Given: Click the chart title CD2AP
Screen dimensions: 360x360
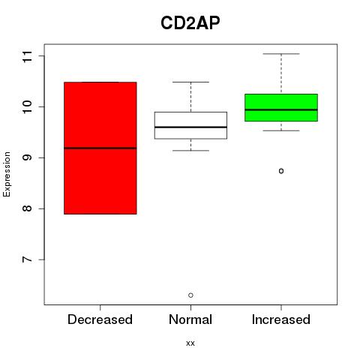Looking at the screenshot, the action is click(x=190, y=23).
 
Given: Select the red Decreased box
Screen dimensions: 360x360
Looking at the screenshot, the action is click(x=100, y=148).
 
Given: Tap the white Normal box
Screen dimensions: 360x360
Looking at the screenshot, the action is click(x=190, y=125).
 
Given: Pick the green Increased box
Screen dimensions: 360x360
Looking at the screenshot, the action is click(x=281, y=107).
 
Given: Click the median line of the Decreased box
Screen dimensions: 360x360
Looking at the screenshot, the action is click(x=100, y=148).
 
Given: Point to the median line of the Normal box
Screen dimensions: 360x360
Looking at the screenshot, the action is click(x=190, y=127).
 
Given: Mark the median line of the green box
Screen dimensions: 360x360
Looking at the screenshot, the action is click(x=281, y=109).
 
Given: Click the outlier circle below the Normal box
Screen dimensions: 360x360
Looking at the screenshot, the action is click(x=190, y=295).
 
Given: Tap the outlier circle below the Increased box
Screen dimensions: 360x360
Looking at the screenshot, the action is click(x=281, y=171).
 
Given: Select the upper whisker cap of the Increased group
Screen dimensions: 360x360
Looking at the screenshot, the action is click(x=281, y=54).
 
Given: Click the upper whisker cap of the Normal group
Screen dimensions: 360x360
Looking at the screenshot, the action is click(x=190, y=82).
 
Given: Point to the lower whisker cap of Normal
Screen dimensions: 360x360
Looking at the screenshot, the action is click(x=190, y=151).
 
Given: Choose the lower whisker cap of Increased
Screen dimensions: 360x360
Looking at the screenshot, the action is click(x=281, y=130).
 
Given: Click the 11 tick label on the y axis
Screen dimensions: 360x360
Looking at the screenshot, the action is click(x=28, y=56).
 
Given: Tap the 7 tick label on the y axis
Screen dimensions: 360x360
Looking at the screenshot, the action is click(x=28, y=259).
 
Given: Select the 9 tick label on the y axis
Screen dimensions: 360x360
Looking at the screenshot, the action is click(x=28, y=157).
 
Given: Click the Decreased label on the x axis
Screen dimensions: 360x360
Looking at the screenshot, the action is click(x=100, y=319).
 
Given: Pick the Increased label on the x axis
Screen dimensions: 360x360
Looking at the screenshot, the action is click(x=281, y=319).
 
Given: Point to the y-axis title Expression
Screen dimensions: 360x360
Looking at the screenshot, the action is click(x=7, y=174).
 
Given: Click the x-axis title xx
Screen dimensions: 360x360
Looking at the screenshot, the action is click(x=190, y=343).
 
